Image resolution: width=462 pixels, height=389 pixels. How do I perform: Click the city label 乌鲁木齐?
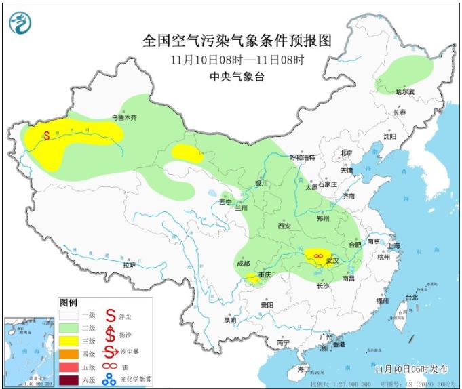[124, 117]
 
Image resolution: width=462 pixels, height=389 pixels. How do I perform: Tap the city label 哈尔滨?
[404, 91]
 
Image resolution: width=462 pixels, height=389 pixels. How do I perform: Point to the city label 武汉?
[332, 261]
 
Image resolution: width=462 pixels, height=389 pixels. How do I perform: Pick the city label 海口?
[303, 369]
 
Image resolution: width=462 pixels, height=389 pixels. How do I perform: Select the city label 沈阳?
[389, 136]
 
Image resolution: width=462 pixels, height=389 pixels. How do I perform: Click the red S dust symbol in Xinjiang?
[46, 135]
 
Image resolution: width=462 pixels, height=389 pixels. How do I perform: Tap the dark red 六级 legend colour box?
[69, 379]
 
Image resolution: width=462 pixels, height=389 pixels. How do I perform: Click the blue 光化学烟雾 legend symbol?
[109, 381]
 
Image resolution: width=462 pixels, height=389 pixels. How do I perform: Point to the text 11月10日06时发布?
[411, 369]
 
